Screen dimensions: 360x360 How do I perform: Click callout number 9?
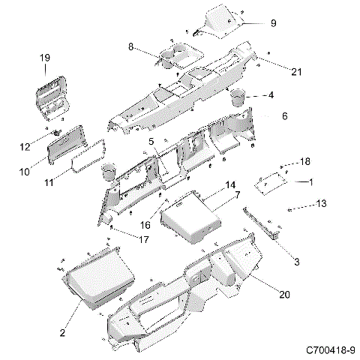273,23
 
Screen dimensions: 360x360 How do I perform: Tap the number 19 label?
44,58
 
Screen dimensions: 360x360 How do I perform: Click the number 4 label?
271,95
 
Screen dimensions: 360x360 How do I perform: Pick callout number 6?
284,116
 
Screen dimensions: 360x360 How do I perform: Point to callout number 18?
304,162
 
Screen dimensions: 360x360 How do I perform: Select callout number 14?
231,184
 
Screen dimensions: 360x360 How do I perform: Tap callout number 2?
62,331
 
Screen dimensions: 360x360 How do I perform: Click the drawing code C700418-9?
331,350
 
